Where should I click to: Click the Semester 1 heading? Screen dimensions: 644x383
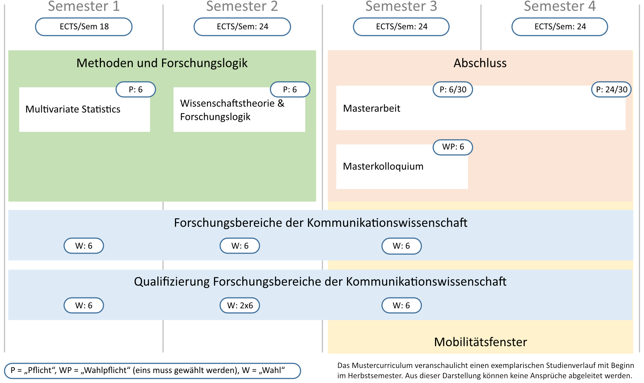(x=84, y=6)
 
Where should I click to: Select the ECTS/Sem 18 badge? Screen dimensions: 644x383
(x=84, y=27)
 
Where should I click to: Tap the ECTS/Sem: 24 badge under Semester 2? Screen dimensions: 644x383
(x=242, y=27)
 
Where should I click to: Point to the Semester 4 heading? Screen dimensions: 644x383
(x=560, y=6)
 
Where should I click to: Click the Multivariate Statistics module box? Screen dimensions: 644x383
(x=84, y=110)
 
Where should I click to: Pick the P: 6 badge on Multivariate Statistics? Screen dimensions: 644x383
(x=136, y=90)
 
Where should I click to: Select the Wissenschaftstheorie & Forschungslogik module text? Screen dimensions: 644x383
(x=232, y=110)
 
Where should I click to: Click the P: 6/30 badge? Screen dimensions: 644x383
(x=453, y=90)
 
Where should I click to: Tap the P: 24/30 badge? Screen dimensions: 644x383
(x=611, y=90)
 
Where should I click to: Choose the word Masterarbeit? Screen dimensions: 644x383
(x=371, y=108)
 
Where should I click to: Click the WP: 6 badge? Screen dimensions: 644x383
(x=453, y=147)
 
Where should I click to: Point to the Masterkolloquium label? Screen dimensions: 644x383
(x=383, y=166)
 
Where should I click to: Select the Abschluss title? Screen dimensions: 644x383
(x=480, y=63)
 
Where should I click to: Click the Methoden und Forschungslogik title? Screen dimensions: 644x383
(x=162, y=63)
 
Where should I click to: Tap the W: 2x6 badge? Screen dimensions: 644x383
(x=240, y=306)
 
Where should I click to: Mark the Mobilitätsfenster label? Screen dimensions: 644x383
(x=480, y=342)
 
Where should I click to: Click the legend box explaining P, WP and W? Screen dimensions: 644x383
(x=152, y=371)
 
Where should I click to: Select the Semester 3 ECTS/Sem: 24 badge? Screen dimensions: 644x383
(x=401, y=27)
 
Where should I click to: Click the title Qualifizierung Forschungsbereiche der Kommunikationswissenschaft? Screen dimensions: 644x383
(x=320, y=282)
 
